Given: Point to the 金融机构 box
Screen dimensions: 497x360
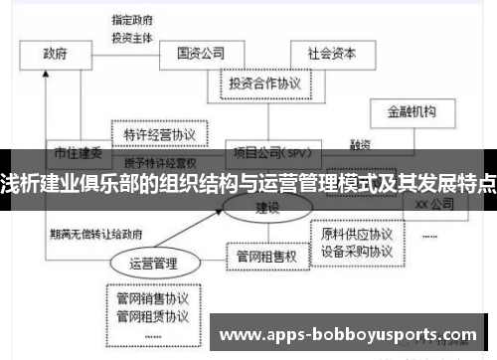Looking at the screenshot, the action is (x=410, y=111).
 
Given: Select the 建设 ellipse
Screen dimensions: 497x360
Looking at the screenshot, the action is (x=267, y=208).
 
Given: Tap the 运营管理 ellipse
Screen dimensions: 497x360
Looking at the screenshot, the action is (x=152, y=264).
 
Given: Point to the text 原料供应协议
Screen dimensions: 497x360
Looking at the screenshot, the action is (x=356, y=235).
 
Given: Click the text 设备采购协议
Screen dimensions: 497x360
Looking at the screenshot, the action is (x=356, y=252).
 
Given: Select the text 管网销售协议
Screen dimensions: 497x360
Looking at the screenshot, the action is (x=152, y=297).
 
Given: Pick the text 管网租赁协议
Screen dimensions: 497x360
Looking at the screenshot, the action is (x=152, y=316).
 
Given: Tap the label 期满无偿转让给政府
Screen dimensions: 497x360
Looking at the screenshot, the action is (x=94, y=235).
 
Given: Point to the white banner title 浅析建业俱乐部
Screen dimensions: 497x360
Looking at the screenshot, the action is (x=248, y=183).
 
